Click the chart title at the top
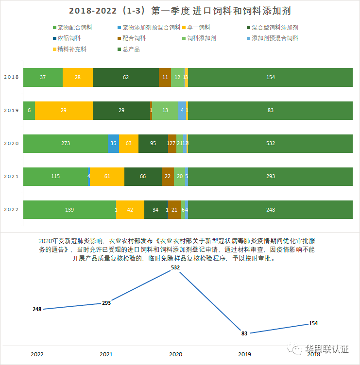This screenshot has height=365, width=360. point(180,10)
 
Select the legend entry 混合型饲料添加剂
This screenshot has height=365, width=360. point(275,28)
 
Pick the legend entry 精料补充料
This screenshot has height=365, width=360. point(70,49)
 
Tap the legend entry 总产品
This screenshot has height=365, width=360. point(128,49)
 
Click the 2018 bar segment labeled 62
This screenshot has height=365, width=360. point(126,78)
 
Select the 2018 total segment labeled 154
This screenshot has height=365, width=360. point(270,78)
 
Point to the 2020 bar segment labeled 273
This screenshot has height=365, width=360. point(65,143)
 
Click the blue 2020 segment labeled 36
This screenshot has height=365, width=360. point(113,143)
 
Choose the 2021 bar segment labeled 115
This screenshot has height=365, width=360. point(55,176)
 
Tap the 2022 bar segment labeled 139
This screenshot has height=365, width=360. point(69,210)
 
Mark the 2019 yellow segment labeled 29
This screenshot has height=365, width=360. point(64,111)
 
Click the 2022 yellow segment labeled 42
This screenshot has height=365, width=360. point(130,210)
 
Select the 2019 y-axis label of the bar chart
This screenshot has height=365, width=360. point(10,111)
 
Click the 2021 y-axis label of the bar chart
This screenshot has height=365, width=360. point(10,176)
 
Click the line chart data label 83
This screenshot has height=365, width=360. point(244,333)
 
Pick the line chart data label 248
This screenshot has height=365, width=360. point(37,309)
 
